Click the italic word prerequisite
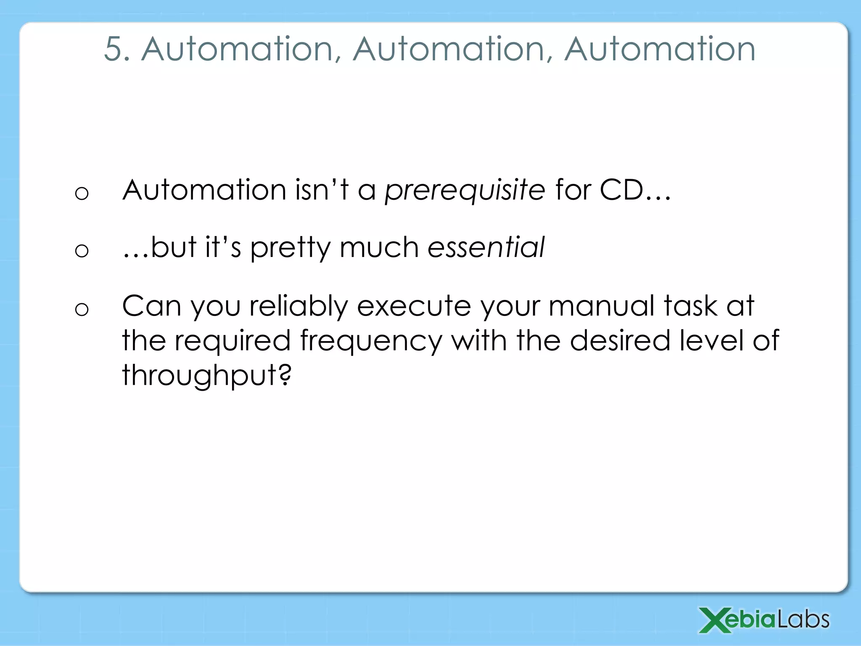pos(465,191)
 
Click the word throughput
pos(199,376)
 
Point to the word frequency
pos(371,342)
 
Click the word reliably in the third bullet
pos(298,306)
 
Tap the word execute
pos(414,306)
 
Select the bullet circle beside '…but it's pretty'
pos(82,251)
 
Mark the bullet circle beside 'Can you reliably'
pos(82,310)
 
